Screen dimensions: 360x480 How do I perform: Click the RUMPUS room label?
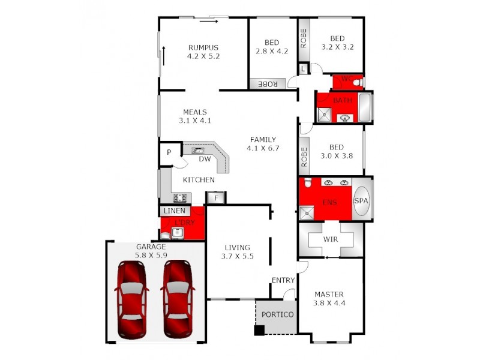point(203,48)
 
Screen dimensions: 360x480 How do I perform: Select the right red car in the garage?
point(178,298)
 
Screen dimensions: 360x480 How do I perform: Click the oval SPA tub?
point(361,201)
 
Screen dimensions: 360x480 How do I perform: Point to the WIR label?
point(331,238)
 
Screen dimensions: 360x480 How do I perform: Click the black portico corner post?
point(259,329)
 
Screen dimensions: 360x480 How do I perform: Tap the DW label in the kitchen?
point(205,160)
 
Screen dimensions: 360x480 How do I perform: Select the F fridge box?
point(215,197)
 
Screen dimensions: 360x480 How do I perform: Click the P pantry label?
point(169,152)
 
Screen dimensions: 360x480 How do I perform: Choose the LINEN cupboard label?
point(174,211)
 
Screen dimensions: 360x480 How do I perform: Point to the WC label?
point(346,79)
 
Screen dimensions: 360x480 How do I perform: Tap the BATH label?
point(343,100)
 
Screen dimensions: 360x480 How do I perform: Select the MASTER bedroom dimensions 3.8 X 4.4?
point(329,304)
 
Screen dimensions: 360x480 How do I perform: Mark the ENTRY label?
point(283,280)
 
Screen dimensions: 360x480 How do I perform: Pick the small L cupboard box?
point(303,70)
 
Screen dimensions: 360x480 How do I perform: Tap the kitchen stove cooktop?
point(181,197)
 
